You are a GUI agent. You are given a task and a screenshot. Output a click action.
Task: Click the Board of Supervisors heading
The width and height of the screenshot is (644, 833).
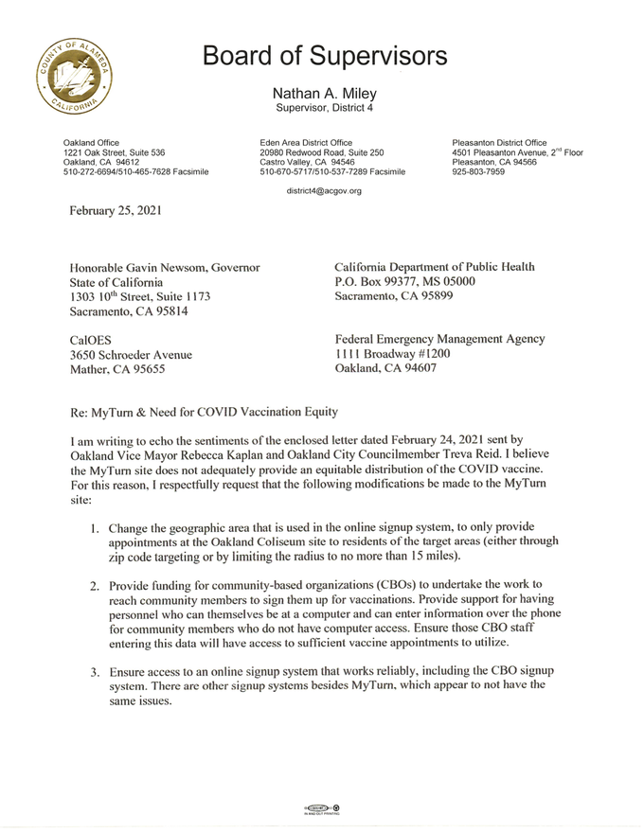coord(324,57)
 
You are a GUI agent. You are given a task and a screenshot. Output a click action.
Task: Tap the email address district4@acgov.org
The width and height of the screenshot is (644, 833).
coord(323,191)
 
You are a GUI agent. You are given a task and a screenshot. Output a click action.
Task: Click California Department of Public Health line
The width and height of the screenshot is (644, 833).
coord(435,267)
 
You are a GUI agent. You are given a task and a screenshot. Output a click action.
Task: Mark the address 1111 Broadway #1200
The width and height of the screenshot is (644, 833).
coord(386,353)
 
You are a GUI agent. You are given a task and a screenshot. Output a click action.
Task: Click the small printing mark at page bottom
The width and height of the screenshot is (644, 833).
coord(322,809)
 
